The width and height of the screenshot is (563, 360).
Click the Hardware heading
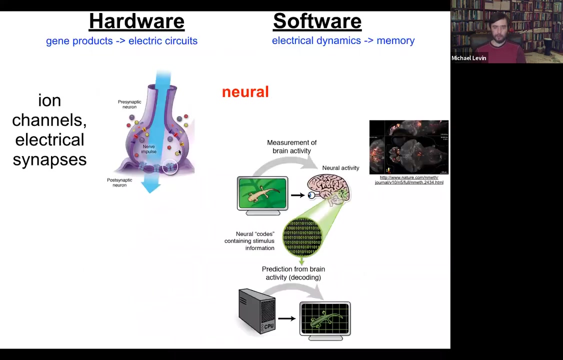point(136,21)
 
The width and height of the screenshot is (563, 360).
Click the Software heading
point(317,21)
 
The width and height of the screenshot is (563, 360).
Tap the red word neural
point(245,92)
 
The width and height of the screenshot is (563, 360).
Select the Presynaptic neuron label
point(129,104)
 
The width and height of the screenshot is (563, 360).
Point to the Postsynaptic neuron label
point(119,182)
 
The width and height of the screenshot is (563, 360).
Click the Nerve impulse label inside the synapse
point(148,149)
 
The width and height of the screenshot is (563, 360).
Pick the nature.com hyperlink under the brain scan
point(409,180)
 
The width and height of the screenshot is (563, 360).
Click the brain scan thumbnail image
point(408,147)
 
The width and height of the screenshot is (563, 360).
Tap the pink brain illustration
point(328,189)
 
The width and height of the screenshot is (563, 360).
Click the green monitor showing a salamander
point(262,194)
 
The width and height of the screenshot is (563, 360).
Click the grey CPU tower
point(257,310)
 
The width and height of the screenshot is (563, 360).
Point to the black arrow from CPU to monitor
point(286,318)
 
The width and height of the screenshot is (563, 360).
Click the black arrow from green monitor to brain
point(297,195)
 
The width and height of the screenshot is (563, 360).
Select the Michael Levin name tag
point(468,58)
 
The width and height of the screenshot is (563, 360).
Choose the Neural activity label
point(340,168)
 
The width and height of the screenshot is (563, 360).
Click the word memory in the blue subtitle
point(395,40)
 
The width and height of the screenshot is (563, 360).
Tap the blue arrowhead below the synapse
point(150,186)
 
